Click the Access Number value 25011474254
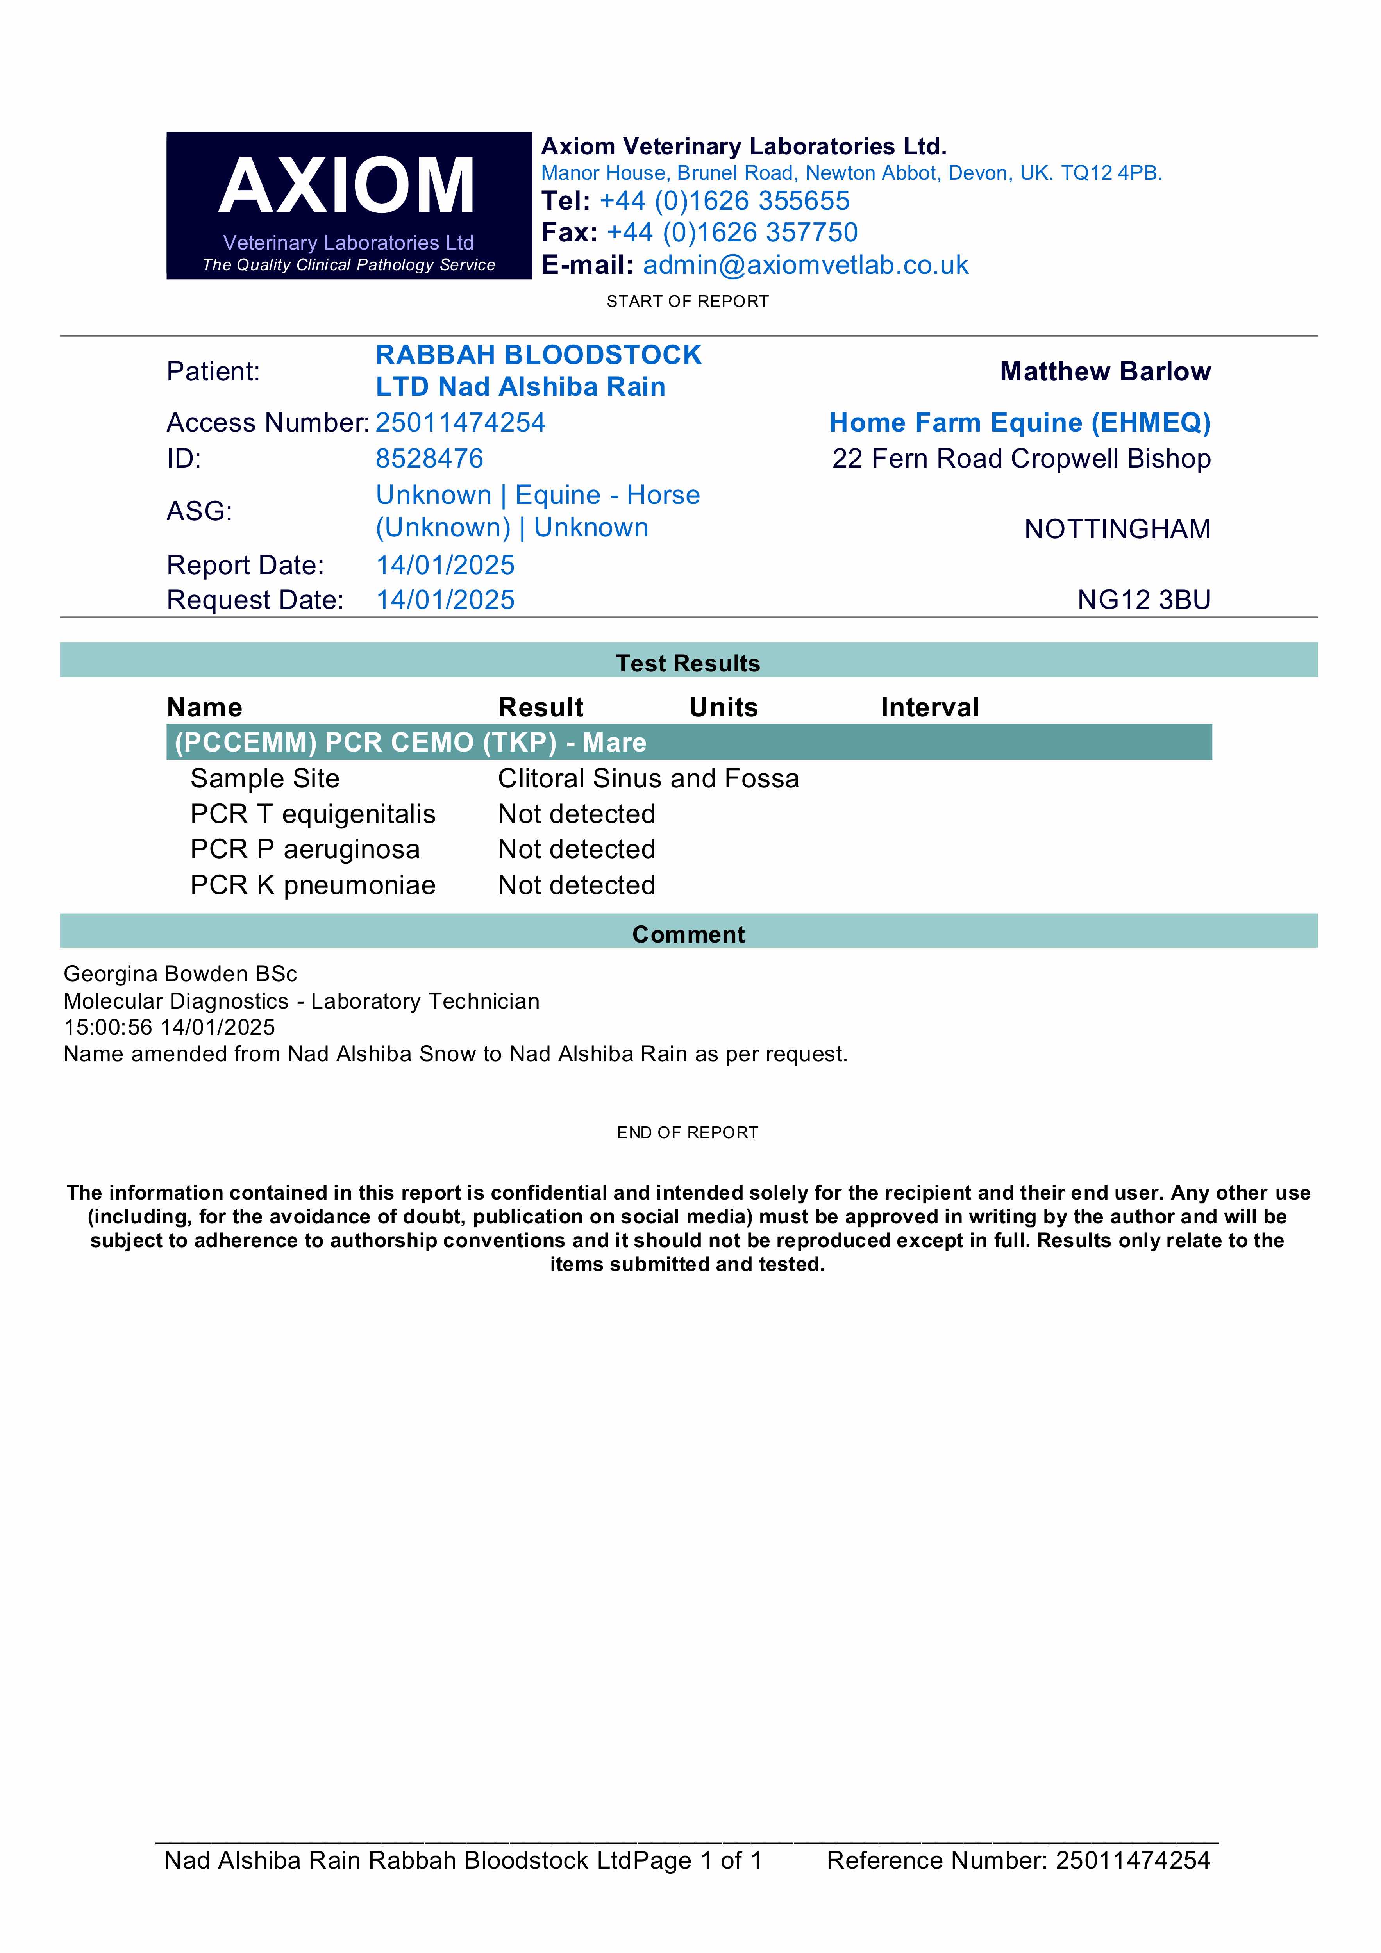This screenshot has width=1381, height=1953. click(460, 423)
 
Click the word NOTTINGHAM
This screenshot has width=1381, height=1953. click(1117, 529)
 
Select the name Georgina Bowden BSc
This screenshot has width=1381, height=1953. click(180, 974)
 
